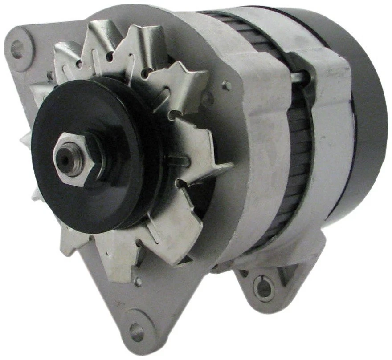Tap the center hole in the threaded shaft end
(x=65, y=160)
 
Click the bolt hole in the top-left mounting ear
(x=17, y=49)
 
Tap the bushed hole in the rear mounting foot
(x=263, y=287)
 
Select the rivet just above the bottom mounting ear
(x=139, y=281)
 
